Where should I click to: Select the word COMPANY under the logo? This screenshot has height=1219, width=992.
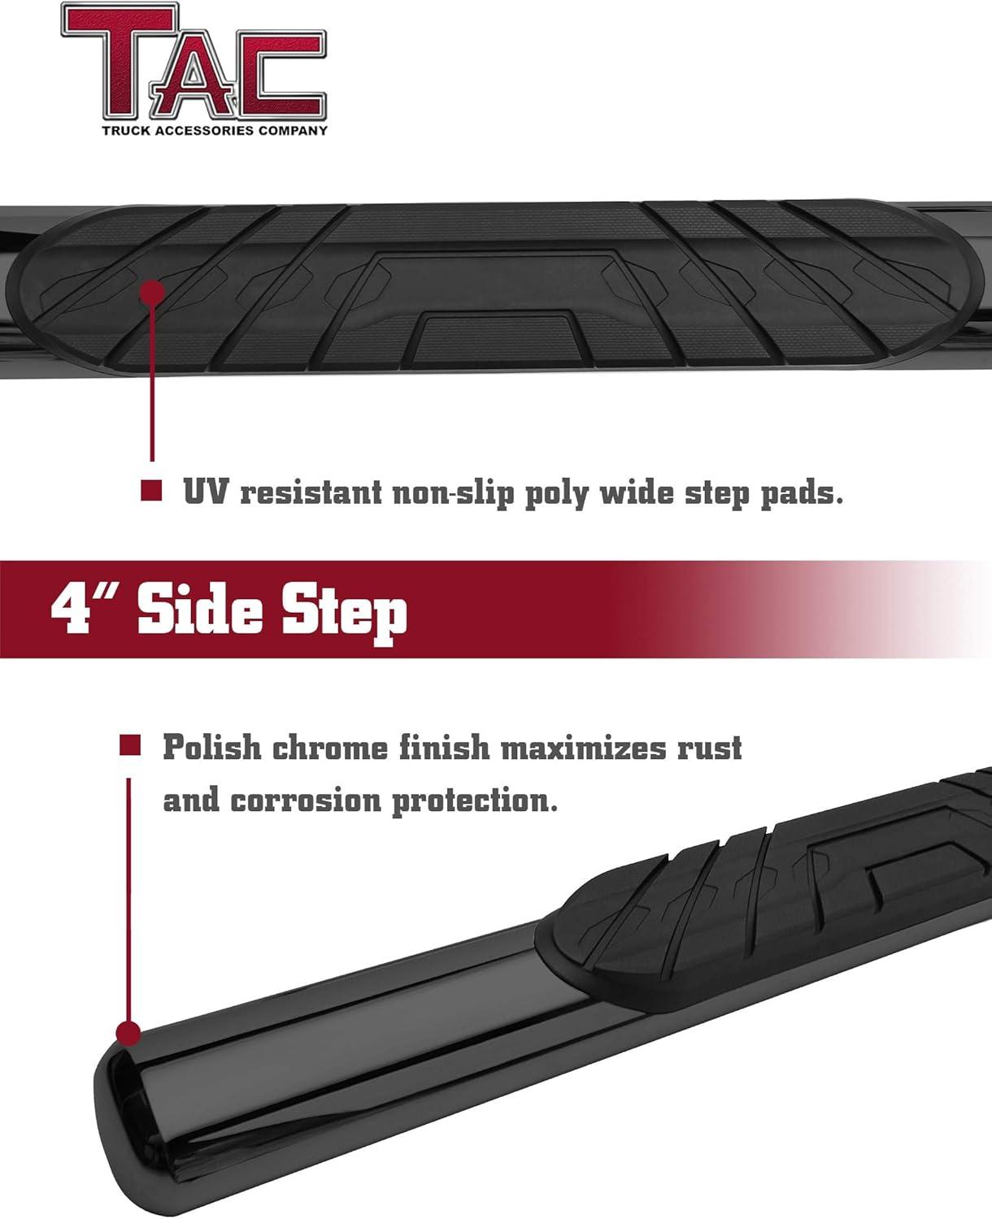(x=293, y=131)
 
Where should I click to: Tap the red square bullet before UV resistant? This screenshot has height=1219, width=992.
(x=151, y=491)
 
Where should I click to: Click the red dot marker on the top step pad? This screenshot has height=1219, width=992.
(x=152, y=293)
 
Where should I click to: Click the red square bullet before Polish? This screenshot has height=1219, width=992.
(x=130, y=745)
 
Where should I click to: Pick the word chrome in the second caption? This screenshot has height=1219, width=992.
(x=330, y=747)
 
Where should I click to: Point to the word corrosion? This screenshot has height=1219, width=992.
(x=306, y=800)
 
